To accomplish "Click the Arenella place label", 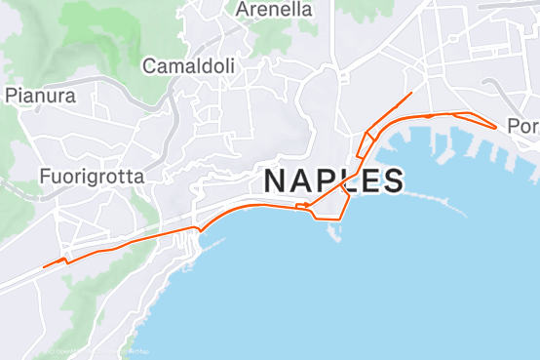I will pyautogui.click(x=275, y=10).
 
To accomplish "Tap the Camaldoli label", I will pyautogui.click(x=189, y=66).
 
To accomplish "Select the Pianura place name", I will pyautogui.click(x=41, y=96).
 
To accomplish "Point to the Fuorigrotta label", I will pyautogui.click(x=92, y=177).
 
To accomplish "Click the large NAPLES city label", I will pyautogui.click(x=333, y=180).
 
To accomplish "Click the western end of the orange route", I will pyautogui.click(x=44, y=266).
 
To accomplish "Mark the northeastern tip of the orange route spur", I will pyautogui.click(x=412, y=93).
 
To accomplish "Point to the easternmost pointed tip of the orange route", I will pyautogui.click(x=497, y=127).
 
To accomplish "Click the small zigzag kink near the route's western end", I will pyautogui.click(x=65, y=260).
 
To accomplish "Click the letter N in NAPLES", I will pyautogui.click(x=275, y=180).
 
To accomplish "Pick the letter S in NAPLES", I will pyautogui.click(x=392, y=180).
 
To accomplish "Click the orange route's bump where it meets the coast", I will pyautogui.click(x=199, y=229).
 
